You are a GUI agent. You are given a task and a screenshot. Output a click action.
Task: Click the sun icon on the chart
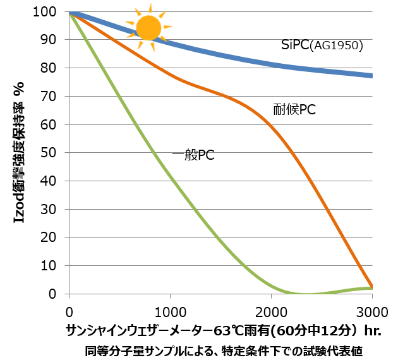[x=149, y=28]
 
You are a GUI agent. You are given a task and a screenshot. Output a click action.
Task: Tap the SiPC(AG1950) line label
[x=322, y=45]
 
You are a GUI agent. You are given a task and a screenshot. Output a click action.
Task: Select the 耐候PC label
[x=294, y=110]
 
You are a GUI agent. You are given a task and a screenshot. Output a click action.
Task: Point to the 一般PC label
[x=193, y=155]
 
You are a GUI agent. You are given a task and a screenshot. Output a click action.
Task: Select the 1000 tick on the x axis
[x=170, y=311]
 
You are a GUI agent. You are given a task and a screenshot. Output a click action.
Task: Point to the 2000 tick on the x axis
[x=271, y=311]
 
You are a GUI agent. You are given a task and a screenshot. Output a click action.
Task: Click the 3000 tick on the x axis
[x=372, y=311]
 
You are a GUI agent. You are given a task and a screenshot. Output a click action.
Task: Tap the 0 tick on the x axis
[x=69, y=311]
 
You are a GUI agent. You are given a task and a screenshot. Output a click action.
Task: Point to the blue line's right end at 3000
[x=371, y=76]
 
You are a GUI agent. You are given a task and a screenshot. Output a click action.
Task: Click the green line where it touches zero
[x=306, y=294]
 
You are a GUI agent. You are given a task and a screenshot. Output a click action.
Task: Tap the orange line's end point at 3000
[x=371, y=286]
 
